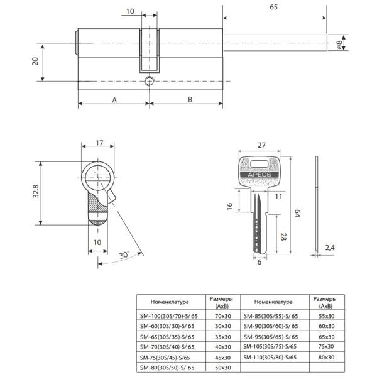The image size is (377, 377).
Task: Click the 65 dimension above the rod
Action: point(273,7)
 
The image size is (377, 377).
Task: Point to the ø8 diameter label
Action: point(339,44)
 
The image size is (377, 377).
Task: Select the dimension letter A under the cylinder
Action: point(114,100)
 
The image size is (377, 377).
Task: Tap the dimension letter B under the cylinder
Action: point(190,99)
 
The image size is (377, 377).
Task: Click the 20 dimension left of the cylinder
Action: point(35,62)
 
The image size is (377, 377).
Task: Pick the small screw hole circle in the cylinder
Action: point(150,81)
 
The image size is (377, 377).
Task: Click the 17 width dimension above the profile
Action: point(99,143)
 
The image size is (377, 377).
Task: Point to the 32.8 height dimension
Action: point(36,191)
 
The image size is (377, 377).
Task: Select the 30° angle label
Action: point(124,255)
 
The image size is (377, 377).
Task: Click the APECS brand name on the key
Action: point(260,175)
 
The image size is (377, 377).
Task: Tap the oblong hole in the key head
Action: point(259,164)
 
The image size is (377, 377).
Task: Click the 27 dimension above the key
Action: point(261,145)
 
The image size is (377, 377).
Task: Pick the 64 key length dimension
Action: point(297,213)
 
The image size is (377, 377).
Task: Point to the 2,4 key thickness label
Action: point(330,248)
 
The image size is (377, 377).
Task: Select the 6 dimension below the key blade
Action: point(259,262)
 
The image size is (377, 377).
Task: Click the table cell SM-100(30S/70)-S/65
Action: point(169,316)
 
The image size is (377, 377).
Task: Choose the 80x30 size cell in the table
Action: point(326,358)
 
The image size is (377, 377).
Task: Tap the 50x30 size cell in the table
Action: point(223,368)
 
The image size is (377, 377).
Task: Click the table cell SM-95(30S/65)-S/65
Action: point(271,337)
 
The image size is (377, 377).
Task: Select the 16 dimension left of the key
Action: point(229,206)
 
